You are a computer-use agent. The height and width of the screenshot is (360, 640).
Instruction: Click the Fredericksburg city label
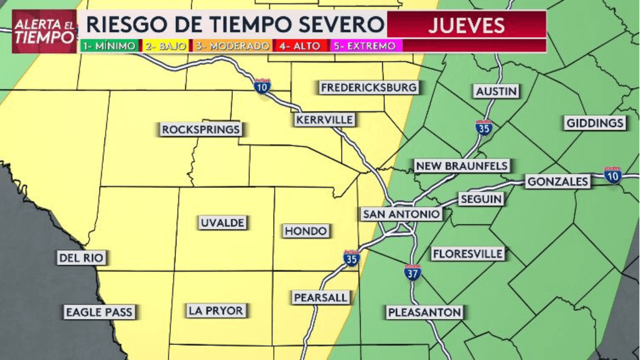(369, 88)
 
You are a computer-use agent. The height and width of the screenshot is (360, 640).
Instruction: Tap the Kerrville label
(324, 120)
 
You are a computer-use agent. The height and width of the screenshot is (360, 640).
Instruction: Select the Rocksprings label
(201, 130)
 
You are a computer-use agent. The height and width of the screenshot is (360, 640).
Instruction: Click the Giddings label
(595, 123)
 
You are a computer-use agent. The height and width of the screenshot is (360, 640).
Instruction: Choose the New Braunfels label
(461, 166)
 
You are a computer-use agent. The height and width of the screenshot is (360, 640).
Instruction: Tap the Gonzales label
(557, 181)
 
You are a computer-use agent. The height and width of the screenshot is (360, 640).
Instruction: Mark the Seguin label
(481, 199)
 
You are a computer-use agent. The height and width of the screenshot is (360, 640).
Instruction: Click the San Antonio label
(401, 214)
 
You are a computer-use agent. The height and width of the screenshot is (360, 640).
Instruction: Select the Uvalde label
(223, 223)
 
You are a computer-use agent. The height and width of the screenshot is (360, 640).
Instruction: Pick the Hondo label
(306, 231)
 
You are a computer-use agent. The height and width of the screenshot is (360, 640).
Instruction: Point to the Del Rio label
(81, 258)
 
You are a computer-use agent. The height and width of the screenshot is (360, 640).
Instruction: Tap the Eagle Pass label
(99, 312)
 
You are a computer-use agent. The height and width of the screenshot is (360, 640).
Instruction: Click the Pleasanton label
(424, 313)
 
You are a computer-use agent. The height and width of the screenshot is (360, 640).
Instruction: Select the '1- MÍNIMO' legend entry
(109, 46)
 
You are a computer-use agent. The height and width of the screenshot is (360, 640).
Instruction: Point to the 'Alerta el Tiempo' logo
(44, 31)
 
